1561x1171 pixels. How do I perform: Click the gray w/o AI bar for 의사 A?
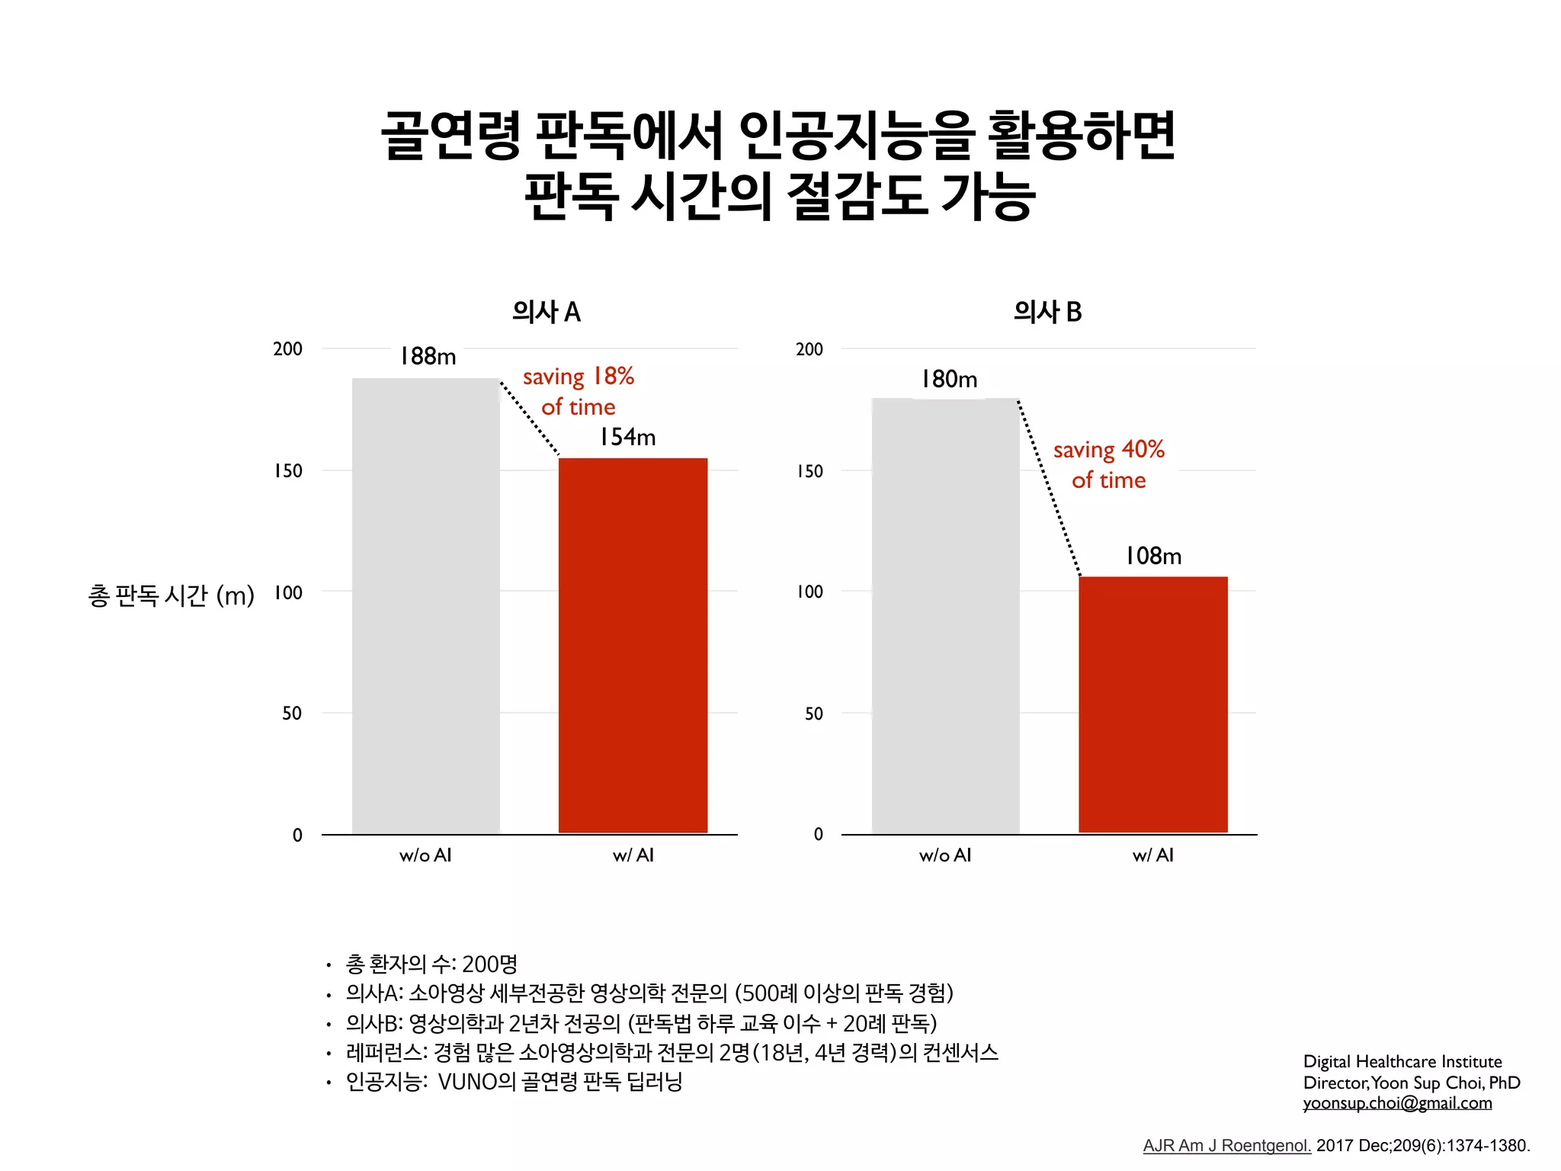425,606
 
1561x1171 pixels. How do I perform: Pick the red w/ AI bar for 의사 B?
1152,704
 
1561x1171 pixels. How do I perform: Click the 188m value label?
428,356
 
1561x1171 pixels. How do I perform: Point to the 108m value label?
1153,556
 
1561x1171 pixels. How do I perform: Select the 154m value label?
627,437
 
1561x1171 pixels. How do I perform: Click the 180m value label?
948,379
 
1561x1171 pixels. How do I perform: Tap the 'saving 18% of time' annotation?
579,391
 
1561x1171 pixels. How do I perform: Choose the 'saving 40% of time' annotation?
1109,464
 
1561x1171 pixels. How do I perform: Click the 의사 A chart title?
546,312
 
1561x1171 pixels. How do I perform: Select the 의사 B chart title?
1047,312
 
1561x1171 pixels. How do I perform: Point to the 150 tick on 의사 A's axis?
288,471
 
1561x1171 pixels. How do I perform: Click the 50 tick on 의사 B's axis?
813,714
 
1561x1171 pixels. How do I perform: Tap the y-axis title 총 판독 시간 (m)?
171,595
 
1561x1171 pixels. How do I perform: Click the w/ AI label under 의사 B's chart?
1152,855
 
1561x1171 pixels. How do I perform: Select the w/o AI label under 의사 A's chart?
425,855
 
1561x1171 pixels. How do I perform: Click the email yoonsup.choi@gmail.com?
1397,1103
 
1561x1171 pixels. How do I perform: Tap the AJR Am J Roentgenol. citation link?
1226,1146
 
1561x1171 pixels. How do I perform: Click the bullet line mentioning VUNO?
514,1082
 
